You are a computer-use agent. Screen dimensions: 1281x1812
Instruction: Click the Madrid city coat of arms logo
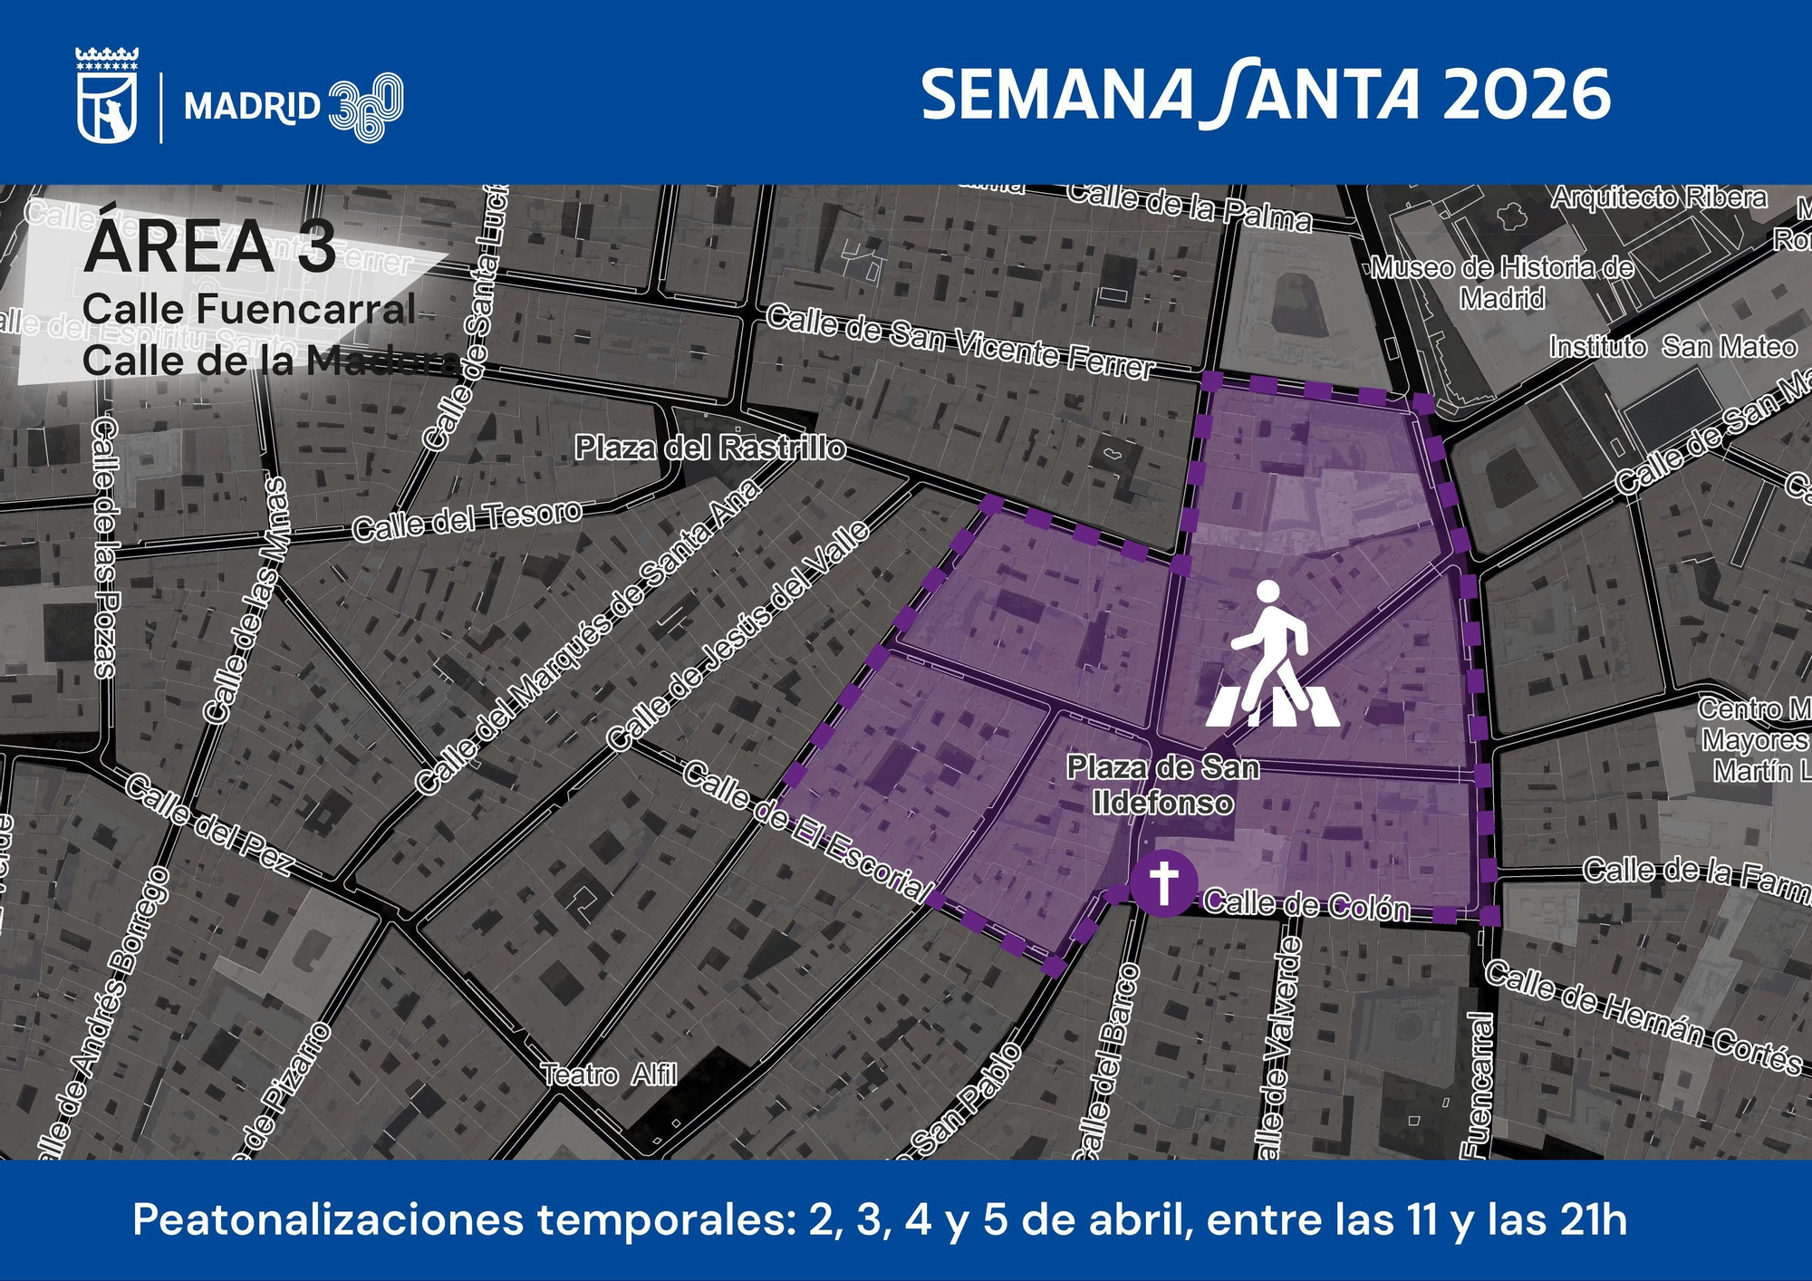(107, 97)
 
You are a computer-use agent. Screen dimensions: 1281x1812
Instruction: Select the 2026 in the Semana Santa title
(1527, 95)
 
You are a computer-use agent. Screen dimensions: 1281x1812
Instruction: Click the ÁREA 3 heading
(209, 246)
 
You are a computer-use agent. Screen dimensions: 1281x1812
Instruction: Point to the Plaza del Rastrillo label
(710, 448)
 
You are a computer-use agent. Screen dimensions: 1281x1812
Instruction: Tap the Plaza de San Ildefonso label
(1163, 785)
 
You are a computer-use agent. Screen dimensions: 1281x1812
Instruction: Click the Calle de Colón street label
(1306, 905)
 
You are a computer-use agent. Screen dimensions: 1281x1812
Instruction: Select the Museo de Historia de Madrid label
(1502, 283)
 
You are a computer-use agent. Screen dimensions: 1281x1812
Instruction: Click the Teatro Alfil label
(609, 1075)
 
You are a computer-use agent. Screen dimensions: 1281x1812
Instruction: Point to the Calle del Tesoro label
(467, 520)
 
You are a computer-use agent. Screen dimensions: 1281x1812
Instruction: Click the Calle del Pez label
(208, 824)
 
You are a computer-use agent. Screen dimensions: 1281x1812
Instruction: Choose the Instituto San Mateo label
(1672, 347)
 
